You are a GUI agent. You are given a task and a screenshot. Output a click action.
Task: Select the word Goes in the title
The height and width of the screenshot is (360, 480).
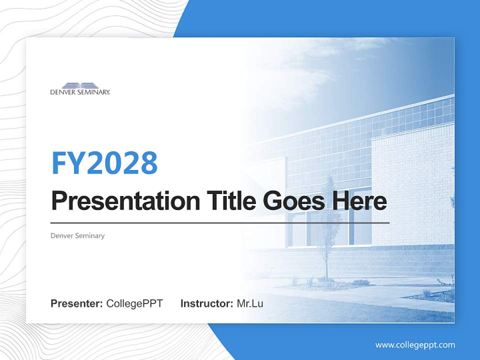click(292, 201)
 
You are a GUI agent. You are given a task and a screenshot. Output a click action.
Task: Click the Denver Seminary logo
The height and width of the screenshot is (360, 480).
click(80, 88)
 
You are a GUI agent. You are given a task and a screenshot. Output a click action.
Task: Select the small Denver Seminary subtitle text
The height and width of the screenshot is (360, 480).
click(77, 235)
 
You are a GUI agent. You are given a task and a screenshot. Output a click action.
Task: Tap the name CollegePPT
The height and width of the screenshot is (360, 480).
click(134, 303)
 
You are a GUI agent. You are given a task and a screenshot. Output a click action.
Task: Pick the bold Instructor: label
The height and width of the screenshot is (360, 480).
click(206, 303)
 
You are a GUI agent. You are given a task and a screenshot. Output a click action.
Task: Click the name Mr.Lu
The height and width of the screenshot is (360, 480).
click(249, 303)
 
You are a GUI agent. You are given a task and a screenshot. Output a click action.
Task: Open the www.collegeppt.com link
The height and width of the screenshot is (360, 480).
click(415, 344)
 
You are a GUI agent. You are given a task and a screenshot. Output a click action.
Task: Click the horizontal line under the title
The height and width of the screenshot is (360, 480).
click(220, 223)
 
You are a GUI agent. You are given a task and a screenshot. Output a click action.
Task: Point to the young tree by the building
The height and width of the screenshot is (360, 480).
click(328, 225)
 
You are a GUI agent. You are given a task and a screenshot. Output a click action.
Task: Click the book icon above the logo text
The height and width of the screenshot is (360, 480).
click(80, 85)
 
